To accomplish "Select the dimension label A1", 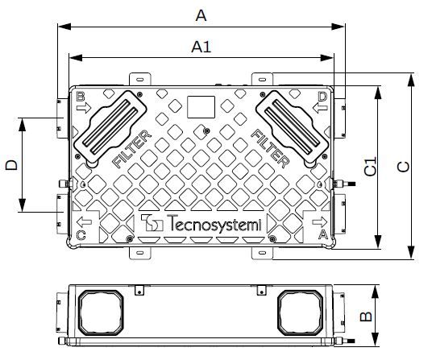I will click(x=201, y=47).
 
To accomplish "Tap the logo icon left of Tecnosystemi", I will click(x=151, y=225).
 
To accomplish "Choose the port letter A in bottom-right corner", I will click(x=323, y=234).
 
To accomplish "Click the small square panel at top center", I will click(x=200, y=107).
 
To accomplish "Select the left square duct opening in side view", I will click(x=101, y=312).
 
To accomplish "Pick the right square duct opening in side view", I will click(x=302, y=312).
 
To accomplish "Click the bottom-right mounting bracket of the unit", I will click(x=263, y=254).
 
